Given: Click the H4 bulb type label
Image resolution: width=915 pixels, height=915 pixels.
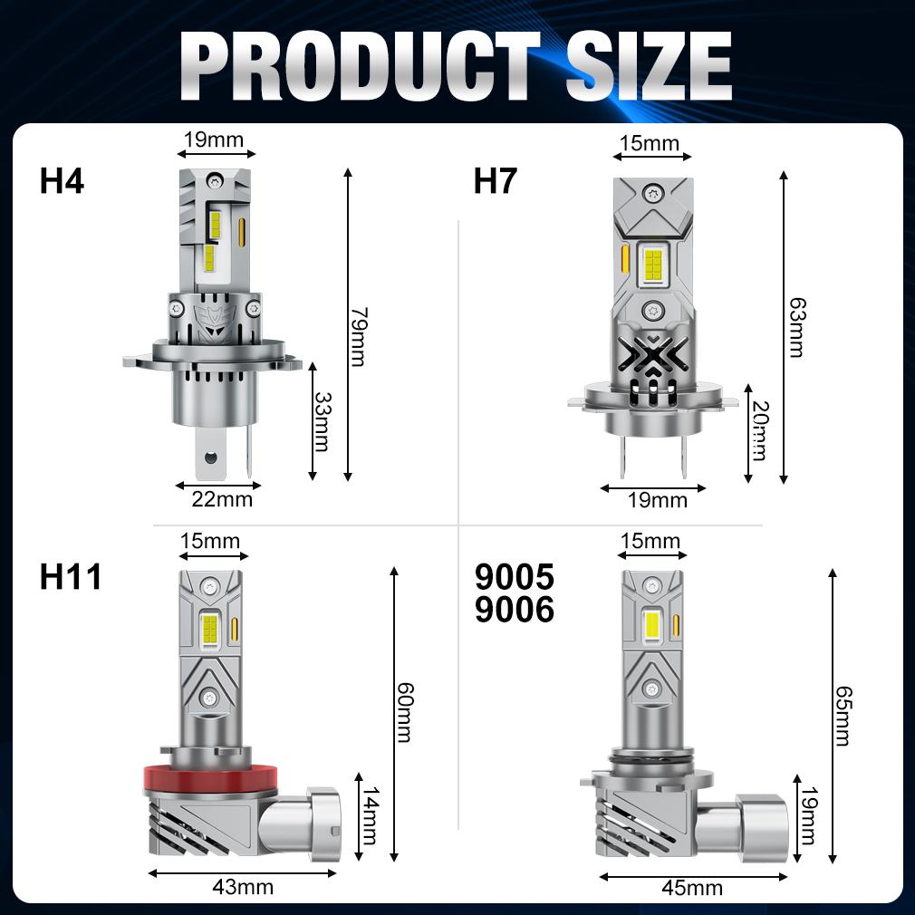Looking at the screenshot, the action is [x=62, y=180].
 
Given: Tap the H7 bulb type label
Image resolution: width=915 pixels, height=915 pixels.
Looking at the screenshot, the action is [x=496, y=180].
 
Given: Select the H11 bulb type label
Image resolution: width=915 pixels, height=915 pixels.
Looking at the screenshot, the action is [x=71, y=576].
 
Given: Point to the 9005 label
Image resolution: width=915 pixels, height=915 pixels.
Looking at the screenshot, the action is [x=514, y=576].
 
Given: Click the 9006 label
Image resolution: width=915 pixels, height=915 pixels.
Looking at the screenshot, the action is [x=514, y=609].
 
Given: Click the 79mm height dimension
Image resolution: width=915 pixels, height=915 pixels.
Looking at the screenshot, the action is [x=358, y=337].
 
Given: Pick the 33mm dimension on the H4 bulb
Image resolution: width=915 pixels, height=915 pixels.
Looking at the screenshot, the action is [x=323, y=421].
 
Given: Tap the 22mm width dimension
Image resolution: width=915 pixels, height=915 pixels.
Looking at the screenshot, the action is [x=222, y=499].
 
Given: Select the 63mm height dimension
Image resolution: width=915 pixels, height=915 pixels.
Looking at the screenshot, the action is [x=796, y=327].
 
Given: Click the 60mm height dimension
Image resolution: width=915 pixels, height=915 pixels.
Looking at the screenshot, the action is [x=404, y=712].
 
